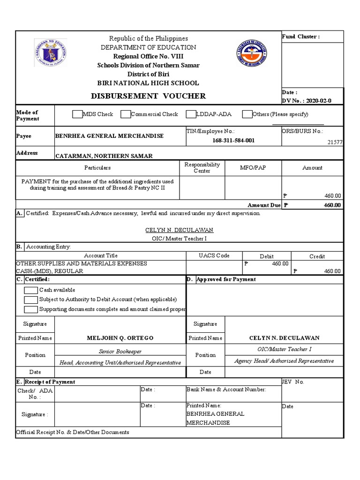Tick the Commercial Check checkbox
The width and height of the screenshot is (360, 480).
pos(125,114)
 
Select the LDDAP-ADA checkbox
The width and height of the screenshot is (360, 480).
pos(191,114)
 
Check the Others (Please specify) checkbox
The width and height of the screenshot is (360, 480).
pos(247,114)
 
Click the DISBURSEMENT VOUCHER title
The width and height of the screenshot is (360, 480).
pos(148,96)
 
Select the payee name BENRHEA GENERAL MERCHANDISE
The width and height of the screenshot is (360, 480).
pos(109,136)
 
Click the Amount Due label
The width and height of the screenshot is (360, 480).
pos(264,205)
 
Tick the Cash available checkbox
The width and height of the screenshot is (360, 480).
pos(30,290)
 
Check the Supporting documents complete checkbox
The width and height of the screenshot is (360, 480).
pos(30,309)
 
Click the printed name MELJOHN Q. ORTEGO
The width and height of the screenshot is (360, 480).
pos(120,338)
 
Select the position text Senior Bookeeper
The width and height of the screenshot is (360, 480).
pos(120,351)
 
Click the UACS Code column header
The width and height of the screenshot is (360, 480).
pos(214,256)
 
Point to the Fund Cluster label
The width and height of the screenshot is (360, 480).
pos(300,37)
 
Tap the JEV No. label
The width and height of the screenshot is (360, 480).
pos(293,382)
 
